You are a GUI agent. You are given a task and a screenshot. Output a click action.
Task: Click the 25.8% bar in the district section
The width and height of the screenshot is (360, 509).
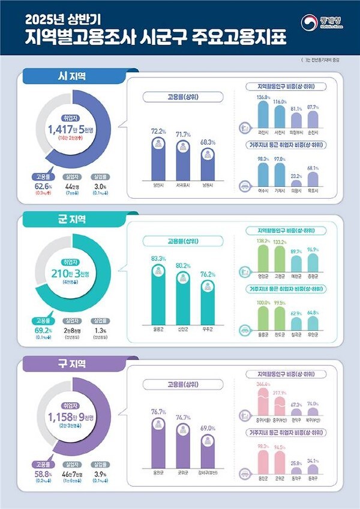point(296,471)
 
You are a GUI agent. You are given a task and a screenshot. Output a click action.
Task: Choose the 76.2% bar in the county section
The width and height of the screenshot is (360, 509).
point(208,303)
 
